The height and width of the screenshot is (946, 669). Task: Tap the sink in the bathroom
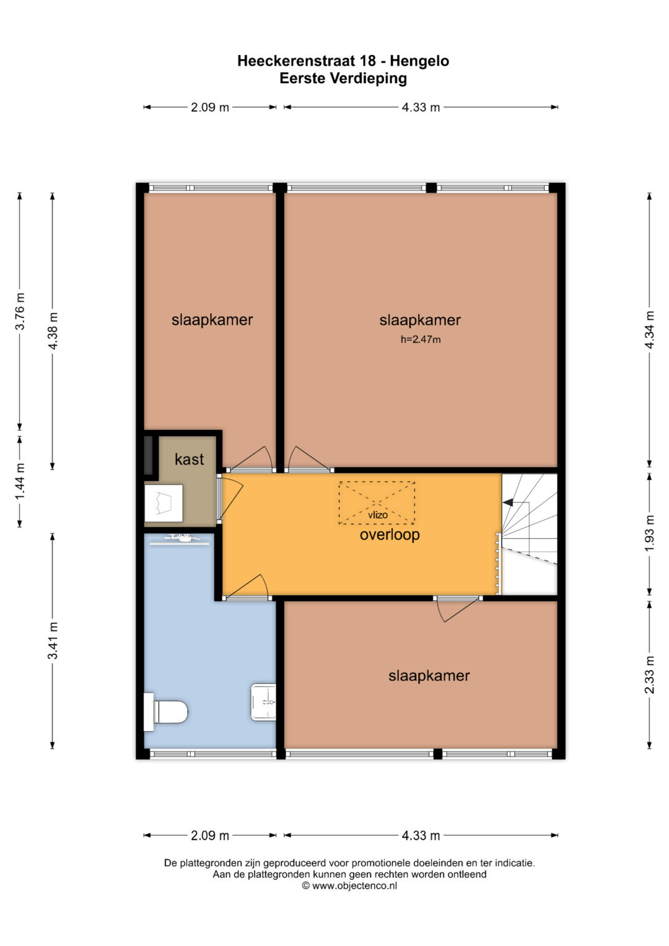click(x=263, y=702)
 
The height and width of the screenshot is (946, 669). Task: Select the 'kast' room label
click(x=189, y=459)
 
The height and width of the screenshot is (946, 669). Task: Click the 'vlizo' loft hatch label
click(x=378, y=515)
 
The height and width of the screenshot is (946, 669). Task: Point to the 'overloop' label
click(x=390, y=535)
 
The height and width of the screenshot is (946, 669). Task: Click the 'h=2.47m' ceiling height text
click(x=420, y=339)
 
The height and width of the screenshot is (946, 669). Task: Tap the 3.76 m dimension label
click(x=20, y=311)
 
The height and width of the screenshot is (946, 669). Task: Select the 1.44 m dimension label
click(x=20, y=481)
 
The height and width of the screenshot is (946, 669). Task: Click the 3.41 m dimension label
click(x=53, y=641)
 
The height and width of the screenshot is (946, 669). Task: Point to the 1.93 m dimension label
click(x=650, y=533)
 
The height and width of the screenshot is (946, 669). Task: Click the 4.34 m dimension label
click(x=650, y=330)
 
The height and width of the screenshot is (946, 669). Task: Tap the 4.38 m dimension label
click(x=53, y=331)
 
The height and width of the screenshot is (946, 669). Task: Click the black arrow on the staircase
click(x=508, y=502)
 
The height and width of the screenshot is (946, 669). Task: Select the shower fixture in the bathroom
click(x=180, y=540)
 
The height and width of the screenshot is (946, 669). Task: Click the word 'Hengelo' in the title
click(x=419, y=61)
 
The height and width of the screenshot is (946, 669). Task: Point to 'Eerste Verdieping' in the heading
click(x=343, y=78)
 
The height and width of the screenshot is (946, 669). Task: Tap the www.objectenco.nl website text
click(x=354, y=886)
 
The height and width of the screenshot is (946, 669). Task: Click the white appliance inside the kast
click(x=164, y=503)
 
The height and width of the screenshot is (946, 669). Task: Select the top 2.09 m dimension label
click(x=209, y=107)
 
